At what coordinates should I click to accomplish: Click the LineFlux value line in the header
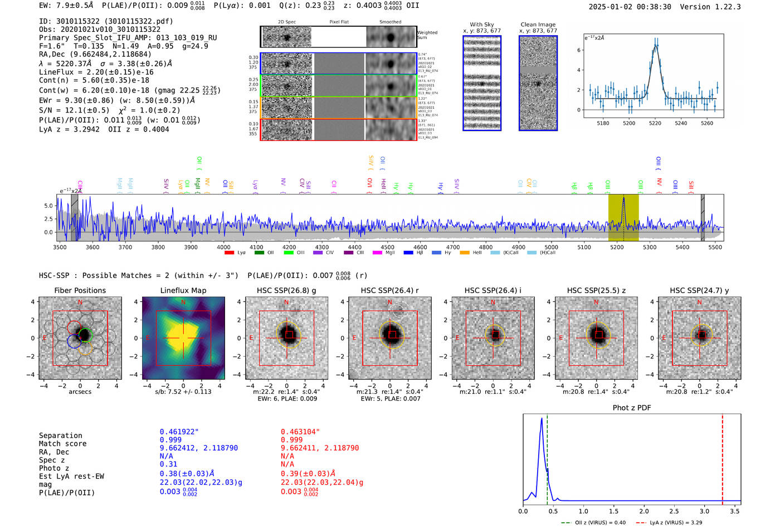coord(96,72)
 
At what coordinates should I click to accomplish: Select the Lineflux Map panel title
coord(183,290)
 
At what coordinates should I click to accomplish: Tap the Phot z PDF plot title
coord(631,408)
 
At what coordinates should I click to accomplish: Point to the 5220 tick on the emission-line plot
coord(655,123)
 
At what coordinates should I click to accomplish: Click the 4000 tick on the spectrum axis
coord(223,247)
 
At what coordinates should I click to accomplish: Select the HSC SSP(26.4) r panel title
coord(389,290)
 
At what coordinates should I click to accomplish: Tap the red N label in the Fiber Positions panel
coord(80,303)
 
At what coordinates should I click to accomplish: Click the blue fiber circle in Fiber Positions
coord(74,342)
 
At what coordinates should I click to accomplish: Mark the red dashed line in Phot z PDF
coord(722,457)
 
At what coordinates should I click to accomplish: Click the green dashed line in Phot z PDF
coord(547,457)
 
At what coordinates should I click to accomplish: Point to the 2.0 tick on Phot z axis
coord(643,511)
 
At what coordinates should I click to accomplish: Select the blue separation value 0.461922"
coord(179,432)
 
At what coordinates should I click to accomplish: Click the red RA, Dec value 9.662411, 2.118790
coord(319,448)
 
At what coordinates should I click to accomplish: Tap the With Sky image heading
coord(481,25)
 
